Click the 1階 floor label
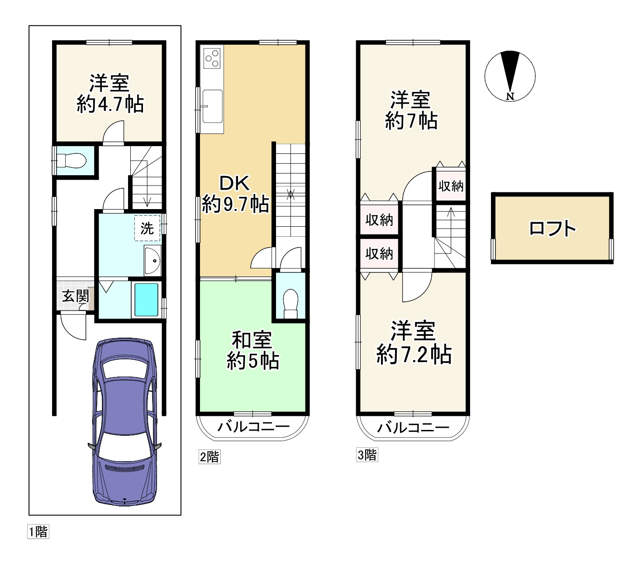click(x=38, y=531)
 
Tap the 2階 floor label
click(x=210, y=457)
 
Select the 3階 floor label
click(x=367, y=454)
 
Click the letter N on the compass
click(x=510, y=96)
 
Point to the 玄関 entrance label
click(x=76, y=296)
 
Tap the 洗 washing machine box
click(x=147, y=228)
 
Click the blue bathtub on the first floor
click(x=147, y=300)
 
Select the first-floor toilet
click(x=71, y=161)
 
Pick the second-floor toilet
click(x=291, y=304)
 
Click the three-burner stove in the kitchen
click(x=211, y=59)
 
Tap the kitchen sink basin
click(x=212, y=106)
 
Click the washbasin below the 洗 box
click(x=153, y=260)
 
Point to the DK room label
click(x=234, y=183)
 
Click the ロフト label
click(x=553, y=228)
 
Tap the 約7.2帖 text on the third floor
click(x=414, y=354)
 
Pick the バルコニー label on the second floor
click(x=253, y=427)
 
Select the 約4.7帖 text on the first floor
click(x=110, y=104)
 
